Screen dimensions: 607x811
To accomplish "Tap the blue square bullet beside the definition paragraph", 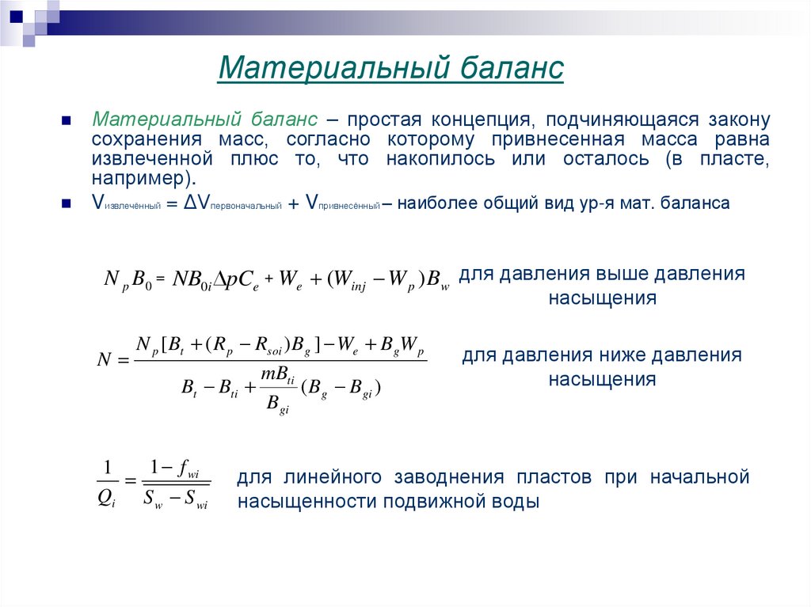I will (67, 121).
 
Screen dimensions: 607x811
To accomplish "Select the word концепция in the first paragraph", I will (474, 120).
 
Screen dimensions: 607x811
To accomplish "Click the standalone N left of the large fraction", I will (104, 362).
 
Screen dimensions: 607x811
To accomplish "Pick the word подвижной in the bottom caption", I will (438, 502).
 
